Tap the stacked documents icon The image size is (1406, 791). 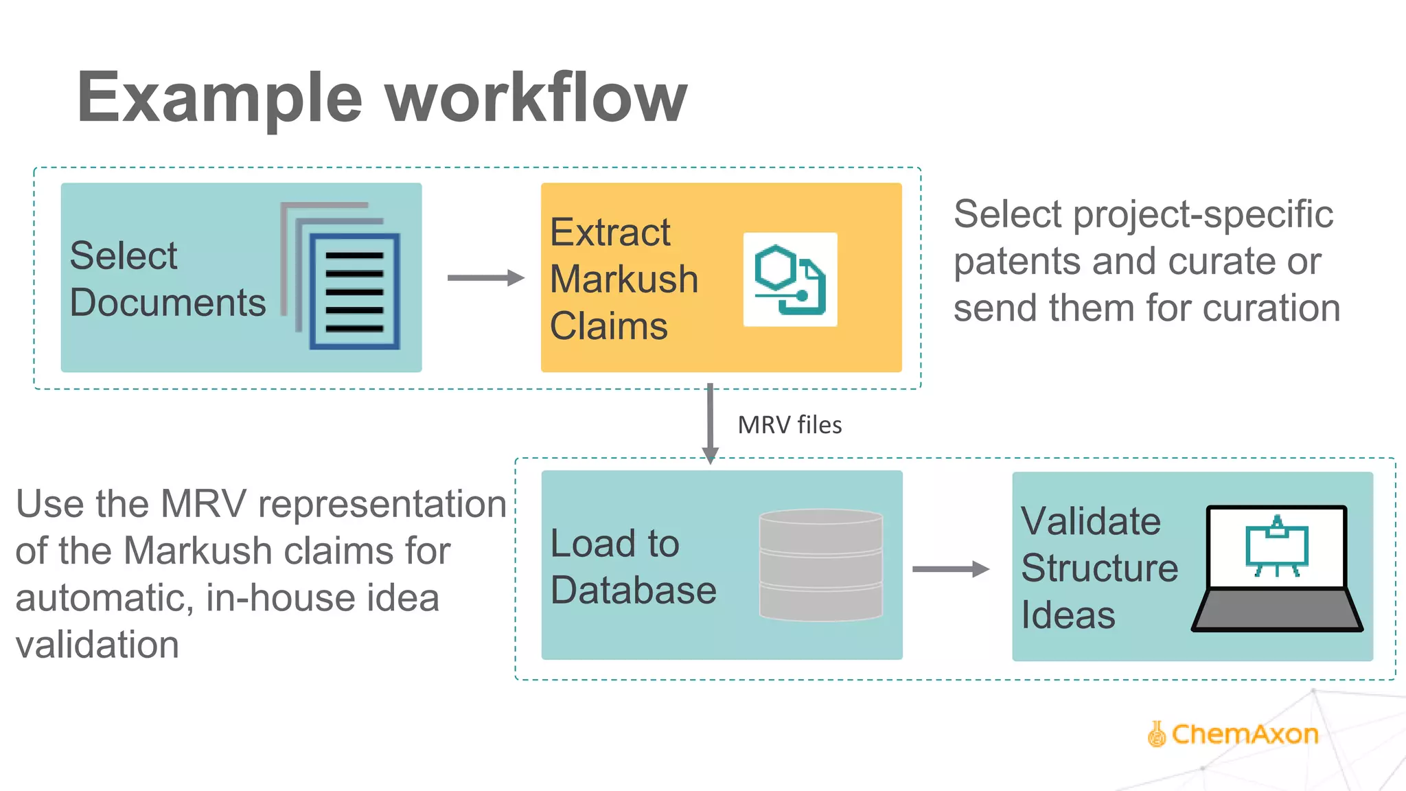tap(341, 276)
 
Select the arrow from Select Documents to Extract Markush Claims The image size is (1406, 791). tap(485, 277)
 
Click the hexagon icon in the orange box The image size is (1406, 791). tap(790, 279)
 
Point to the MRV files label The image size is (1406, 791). tap(790, 425)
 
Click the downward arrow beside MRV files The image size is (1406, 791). tap(710, 422)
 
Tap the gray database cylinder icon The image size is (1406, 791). tap(820, 564)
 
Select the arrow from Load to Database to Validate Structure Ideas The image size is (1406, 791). tap(950, 569)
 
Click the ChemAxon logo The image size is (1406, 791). tap(1233, 734)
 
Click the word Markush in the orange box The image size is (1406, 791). tap(623, 279)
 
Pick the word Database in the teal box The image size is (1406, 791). tap(633, 590)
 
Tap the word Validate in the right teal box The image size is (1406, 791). tap(1090, 521)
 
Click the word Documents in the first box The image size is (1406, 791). tap(168, 303)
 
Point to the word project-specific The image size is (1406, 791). tap(1203, 214)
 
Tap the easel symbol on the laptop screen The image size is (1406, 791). tap(1277, 547)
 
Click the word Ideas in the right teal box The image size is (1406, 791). tap(1068, 615)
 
